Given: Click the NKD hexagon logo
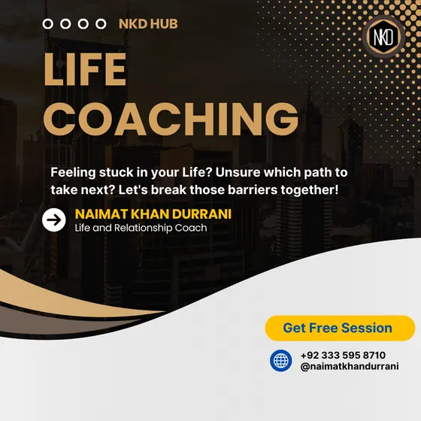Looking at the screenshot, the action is tap(383, 37).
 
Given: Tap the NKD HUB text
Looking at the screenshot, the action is tap(148, 24).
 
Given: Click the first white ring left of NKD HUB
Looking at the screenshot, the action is tap(48, 24).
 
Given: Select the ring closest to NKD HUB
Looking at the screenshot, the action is tap(101, 24).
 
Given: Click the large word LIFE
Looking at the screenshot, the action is tap(85, 69).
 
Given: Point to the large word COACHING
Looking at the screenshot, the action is tap(171, 119).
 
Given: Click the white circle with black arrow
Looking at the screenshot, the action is tap(53, 220).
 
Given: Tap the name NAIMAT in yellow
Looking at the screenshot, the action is tap(101, 214).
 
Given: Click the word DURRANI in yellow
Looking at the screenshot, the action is tap(201, 214).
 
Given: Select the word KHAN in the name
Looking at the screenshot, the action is tap(150, 214).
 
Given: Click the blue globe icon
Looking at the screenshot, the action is tap(281, 361).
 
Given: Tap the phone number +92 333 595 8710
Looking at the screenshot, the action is tap(343, 355).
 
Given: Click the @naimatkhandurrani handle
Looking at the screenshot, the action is tap(350, 367).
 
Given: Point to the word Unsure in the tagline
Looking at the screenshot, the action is tap(238, 172).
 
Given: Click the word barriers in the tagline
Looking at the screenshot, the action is tap(253, 189).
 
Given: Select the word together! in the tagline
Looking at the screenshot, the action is tap(310, 190).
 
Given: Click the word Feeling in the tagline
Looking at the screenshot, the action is tap(73, 173).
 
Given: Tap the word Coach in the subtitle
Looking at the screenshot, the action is tap(191, 229).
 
